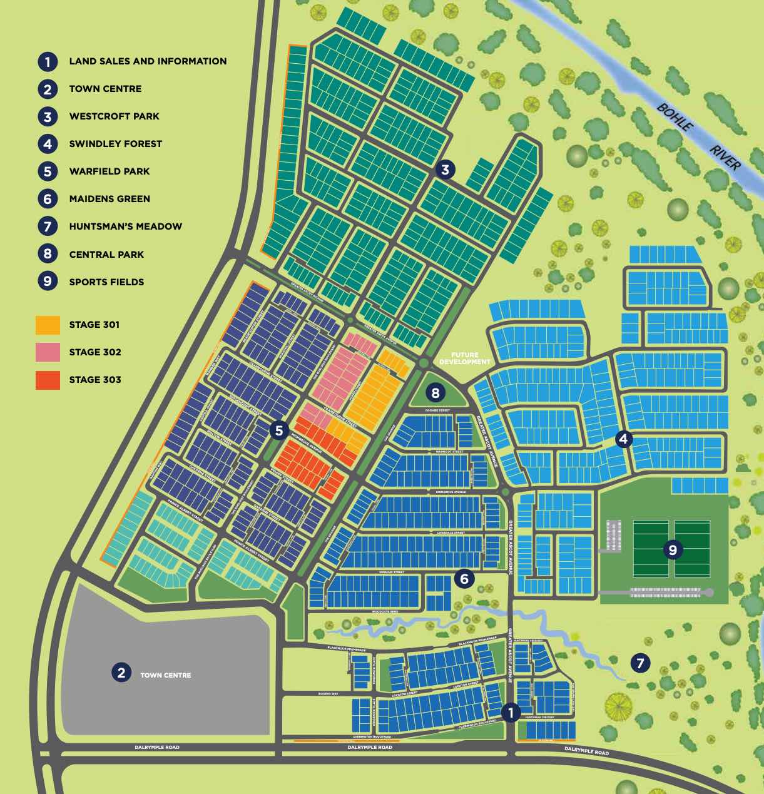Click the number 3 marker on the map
[445, 170]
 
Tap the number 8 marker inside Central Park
[435, 393]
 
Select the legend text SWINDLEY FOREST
[115, 144]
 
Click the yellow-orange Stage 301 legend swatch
[48, 325]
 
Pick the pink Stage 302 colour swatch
[48, 352]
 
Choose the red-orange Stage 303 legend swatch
[48, 380]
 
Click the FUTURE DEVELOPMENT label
[465, 359]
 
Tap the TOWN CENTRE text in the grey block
[165, 675]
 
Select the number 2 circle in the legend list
[48, 89]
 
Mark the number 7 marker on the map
[639, 663]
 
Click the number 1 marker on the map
[511, 712]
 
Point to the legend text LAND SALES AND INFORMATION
[148, 61]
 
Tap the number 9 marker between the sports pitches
[673, 550]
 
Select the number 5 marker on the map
[279, 430]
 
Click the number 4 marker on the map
[623, 439]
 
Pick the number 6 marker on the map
[464, 579]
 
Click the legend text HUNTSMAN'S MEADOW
[125, 226]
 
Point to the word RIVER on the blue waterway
[725, 157]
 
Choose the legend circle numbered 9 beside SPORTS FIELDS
[48, 282]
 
